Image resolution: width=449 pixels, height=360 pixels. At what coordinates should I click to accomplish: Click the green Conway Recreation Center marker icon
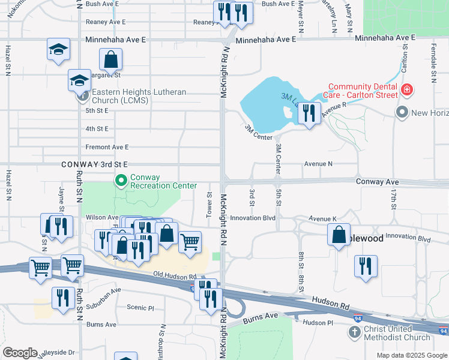click(121, 179)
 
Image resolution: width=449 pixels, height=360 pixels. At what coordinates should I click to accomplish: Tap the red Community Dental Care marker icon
click(407, 90)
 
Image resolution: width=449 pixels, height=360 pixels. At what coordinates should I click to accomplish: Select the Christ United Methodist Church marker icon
click(355, 332)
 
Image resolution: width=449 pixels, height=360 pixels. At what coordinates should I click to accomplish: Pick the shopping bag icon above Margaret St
click(111, 60)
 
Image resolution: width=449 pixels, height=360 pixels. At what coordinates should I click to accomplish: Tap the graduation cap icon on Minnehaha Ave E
click(59, 50)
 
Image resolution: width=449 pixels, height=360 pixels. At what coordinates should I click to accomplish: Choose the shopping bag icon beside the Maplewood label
click(339, 234)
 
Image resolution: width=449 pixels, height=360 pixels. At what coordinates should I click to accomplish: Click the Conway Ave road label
click(377, 181)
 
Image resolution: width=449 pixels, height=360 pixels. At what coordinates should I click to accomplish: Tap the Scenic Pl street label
click(140, 307)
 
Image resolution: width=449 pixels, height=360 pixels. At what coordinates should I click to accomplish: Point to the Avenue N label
click(318, 163)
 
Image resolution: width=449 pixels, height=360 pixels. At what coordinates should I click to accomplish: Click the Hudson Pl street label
click(318, 322)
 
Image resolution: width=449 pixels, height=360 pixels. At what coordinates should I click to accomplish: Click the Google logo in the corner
click(20, 353)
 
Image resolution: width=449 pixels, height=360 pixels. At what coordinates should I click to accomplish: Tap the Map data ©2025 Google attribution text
click(412, 355)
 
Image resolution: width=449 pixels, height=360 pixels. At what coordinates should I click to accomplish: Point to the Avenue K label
click(323, 219)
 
